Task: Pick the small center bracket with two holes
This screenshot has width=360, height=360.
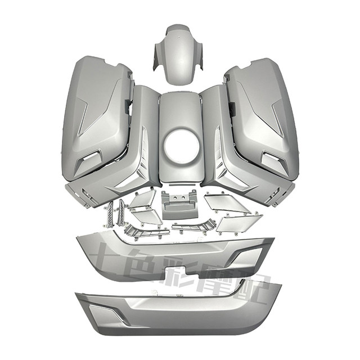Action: coord(180,205)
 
